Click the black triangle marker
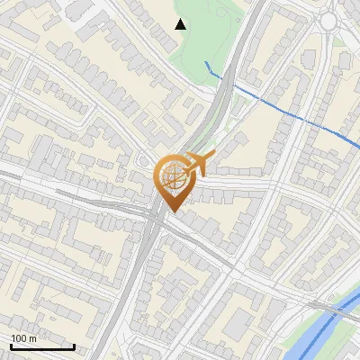(x=181, y=24)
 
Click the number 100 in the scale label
(x=20, y=338)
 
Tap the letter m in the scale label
(x=32, y=338)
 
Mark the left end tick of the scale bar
(x=11, y=346)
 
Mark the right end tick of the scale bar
(x=74, y=346)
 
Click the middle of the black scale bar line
(x=42, y=347)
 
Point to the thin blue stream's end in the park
(x=206, y=62)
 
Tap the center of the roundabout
(x=329, y=20)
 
